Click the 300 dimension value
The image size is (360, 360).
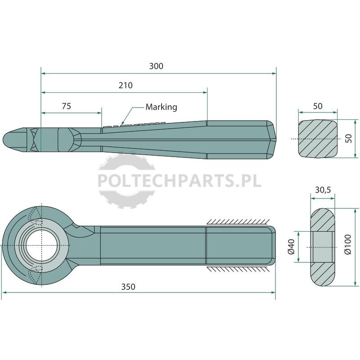(156, 66)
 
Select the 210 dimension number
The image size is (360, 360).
(126, 85)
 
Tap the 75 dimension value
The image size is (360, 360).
(66, 106)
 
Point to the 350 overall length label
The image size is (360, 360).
(128, 287)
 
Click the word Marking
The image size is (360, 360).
(161, 107)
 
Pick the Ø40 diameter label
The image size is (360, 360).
(291, 247)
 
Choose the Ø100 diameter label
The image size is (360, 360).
(348, 244)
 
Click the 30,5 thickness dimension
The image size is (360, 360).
(323, 190)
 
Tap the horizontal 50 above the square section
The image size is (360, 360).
(318, 106)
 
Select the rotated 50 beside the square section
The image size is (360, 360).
(348, 139)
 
